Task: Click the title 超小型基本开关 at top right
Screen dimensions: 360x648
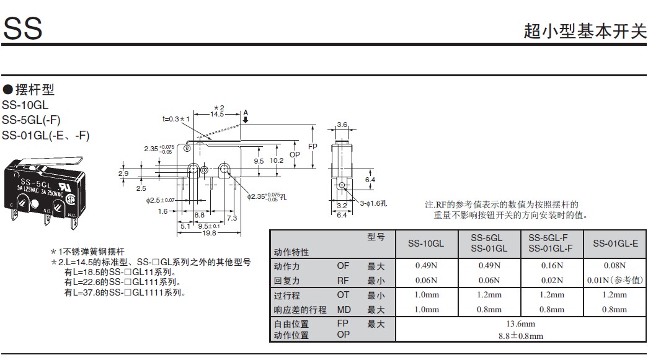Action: pyautogui.click(x=585, y=32)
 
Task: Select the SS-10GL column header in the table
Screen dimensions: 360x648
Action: pyautogui.click(x=426, y=244)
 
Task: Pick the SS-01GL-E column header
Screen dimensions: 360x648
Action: pyautogui.click(x=615, y=244)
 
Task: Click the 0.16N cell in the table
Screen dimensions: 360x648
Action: pyautogui.click(x=552, y=266)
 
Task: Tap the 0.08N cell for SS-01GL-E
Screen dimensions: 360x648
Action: pyautogui.click(x=615, y=266)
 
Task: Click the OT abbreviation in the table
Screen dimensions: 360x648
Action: pyautogui.click(x=343, y=296)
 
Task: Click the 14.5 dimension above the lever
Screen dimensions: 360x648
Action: pyautogui.click(x=217, y=114)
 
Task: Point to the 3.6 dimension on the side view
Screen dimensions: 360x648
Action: pyautogui.click(x=342, y=125)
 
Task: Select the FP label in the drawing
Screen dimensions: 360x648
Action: pyautogui.click(x=313, y=147)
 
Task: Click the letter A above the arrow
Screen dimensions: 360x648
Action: pyautogui.click(x=246, y=112)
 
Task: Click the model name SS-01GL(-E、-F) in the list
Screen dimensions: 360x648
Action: pyautogui.click(x=45, y=135)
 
